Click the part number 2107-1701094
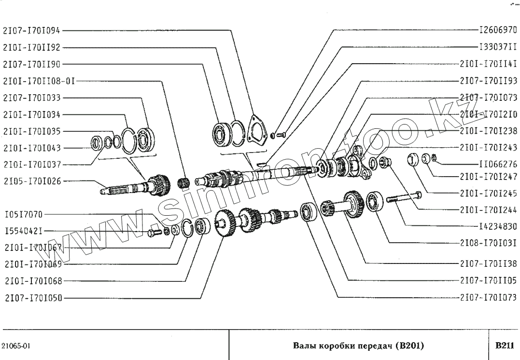coord(31,30)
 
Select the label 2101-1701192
coord(31,47)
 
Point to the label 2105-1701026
coord(31,181)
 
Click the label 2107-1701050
coord(31,298)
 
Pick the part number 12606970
coord(497,30)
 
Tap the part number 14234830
coord(497,225)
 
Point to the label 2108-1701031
coord(488,244)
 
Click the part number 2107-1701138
coord(488,263)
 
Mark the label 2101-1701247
coord(488,177)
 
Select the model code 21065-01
coord(16,346)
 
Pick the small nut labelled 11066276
coord(434,157)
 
